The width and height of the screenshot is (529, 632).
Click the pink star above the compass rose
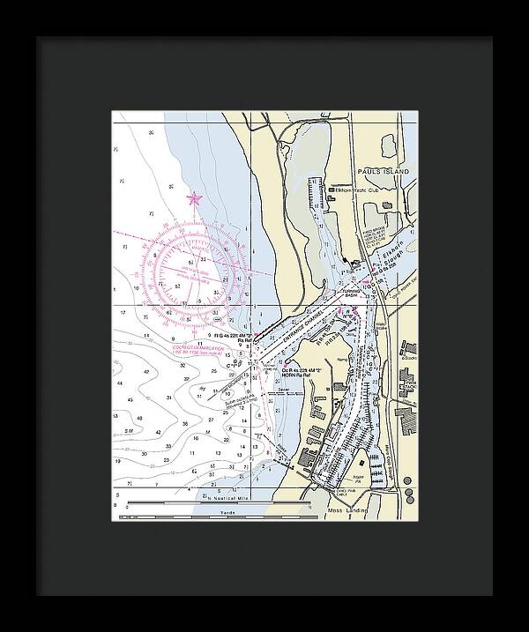[194, 199]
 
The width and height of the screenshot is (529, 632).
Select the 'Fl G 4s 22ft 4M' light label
[231, 335]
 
